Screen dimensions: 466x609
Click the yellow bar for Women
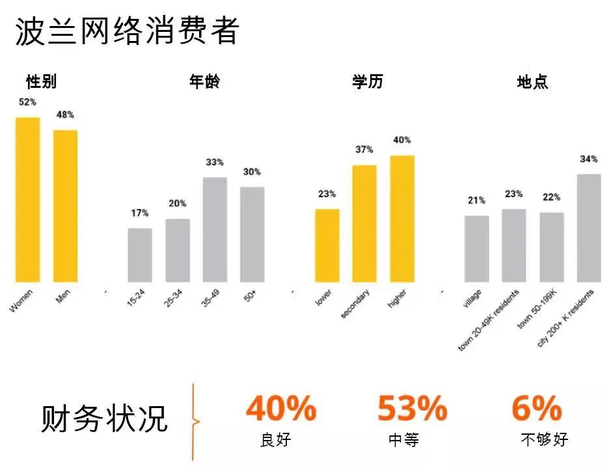(28, 200)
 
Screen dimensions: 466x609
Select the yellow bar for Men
(65, 206)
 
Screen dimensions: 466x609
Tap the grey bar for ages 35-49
(215, 230)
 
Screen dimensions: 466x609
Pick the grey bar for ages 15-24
(140, 255)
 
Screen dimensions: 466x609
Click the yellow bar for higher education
(402, 219)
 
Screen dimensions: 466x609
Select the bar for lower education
(327, 245)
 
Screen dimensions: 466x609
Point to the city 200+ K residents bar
(588, 228)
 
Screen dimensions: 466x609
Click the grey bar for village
(476, 249)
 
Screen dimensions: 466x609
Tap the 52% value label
(27, 102)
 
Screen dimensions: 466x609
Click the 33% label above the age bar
(215, 162)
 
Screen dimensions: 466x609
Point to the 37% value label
(364, 150)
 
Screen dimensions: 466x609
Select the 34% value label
(588, 159)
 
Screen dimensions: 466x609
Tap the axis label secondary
(356, 304)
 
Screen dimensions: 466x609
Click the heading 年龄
(204, 82)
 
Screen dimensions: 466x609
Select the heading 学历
(368, 82)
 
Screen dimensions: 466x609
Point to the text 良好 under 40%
(275, 440)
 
